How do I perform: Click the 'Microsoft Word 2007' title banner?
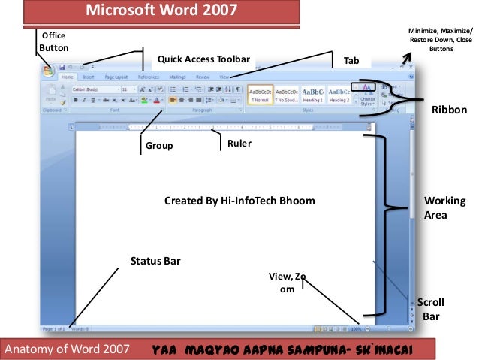click(161, 11)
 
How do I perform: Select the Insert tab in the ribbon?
click(89, 77)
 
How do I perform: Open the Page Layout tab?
click(116, 77)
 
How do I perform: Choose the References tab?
click(148, 77)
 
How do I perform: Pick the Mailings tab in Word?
click(177, 77)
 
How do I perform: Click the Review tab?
click(203, 77)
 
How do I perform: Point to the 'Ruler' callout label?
click(239, 143)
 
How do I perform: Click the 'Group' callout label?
click(158, 147)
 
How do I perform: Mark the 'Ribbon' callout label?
click(449, 110)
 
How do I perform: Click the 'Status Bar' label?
click(155, 261)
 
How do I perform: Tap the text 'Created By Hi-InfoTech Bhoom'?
click(239, 201)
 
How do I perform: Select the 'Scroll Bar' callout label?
click(430, 309)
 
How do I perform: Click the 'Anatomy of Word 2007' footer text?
click(68, 349)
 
